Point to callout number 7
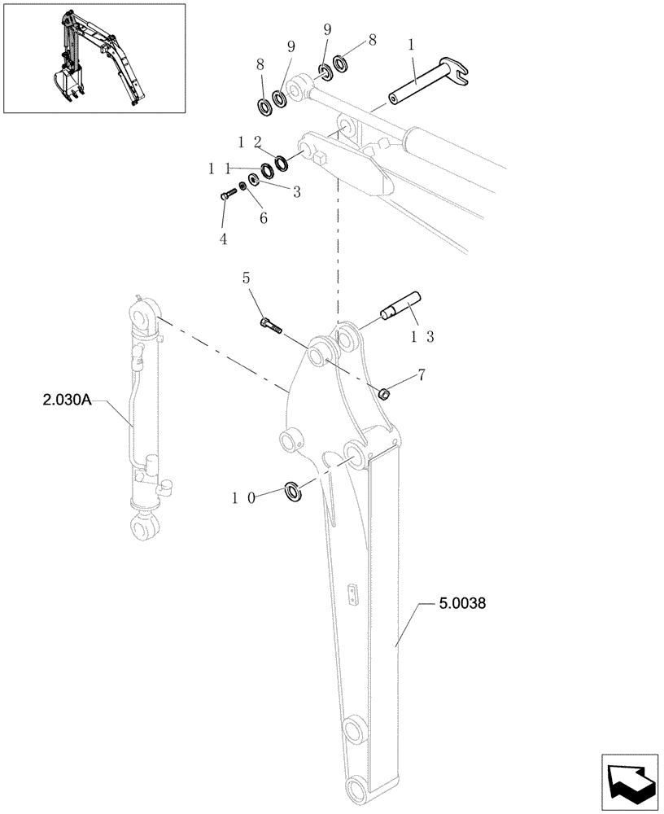421,375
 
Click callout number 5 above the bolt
247,278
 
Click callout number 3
296,192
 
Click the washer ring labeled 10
293,491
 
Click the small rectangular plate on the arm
351,594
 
